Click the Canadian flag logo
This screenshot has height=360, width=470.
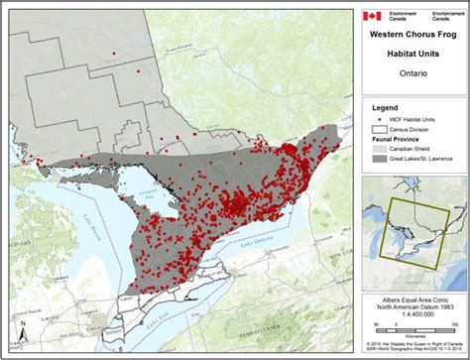click(x=372, y=16)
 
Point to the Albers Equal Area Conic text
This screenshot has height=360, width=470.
click(x=413, y=299)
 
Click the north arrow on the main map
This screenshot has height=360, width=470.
click(x=20, y=331)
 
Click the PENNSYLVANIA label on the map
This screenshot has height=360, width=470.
click(x=297, y=343)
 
